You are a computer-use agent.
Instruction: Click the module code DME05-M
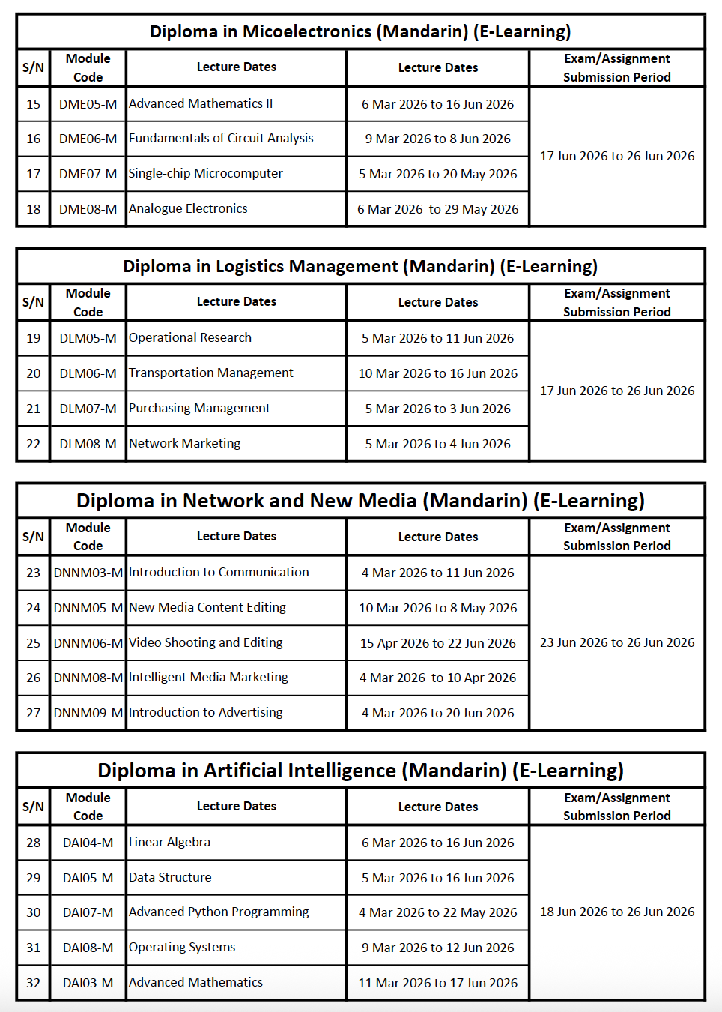coord(88,104)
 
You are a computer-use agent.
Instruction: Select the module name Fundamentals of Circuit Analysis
coord(221,138)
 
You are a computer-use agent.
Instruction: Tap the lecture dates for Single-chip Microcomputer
coord(437,174)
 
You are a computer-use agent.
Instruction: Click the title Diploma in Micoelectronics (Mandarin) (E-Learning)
coord(360,31)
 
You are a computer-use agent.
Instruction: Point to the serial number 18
coord(34,209)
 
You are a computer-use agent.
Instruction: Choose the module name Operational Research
coord(190,337)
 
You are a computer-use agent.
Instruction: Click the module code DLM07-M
coord(88,409)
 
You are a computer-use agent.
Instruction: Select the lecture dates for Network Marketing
coord(437,444)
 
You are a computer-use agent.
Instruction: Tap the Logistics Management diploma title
coord(360,266)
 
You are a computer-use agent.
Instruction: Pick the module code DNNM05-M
coord(88,608)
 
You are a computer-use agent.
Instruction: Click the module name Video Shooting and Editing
coord(206,642)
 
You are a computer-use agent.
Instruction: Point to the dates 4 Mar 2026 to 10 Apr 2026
coord(437,678)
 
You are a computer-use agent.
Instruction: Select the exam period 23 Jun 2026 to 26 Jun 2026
coord(617,642)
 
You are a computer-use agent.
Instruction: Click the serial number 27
coord(34,713)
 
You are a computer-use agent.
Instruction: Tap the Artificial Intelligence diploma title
coord(360,771)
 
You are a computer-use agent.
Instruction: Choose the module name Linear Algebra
coord(169,842)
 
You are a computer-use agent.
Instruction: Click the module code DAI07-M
coord(88,912)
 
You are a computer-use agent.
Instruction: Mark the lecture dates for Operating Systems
coord(437,948)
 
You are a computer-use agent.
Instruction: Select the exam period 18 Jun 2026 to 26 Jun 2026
coord(617,912)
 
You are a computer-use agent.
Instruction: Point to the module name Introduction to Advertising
coord(206,712)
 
